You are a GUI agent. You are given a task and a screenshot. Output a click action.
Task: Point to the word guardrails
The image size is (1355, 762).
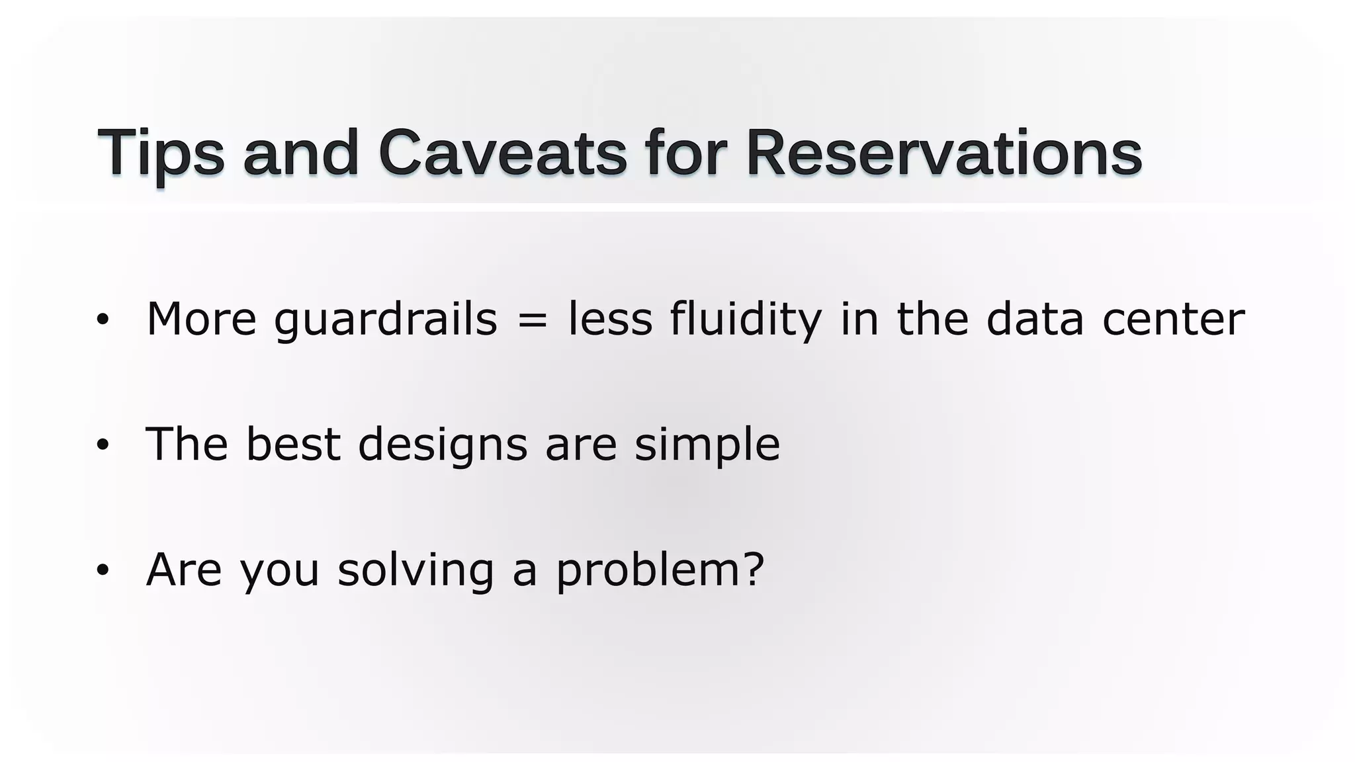click(385, 320)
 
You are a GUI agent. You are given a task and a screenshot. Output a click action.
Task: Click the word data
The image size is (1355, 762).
click(1035, 320)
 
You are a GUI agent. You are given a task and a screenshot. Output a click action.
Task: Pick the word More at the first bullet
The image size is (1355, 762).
click(201, 320)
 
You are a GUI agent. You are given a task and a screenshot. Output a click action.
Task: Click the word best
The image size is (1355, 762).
click(292, 444)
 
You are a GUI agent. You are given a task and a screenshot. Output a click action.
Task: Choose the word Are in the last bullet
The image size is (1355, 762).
click(184, 570)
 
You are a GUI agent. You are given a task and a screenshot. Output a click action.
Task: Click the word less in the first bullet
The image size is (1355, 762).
click(610, 320)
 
